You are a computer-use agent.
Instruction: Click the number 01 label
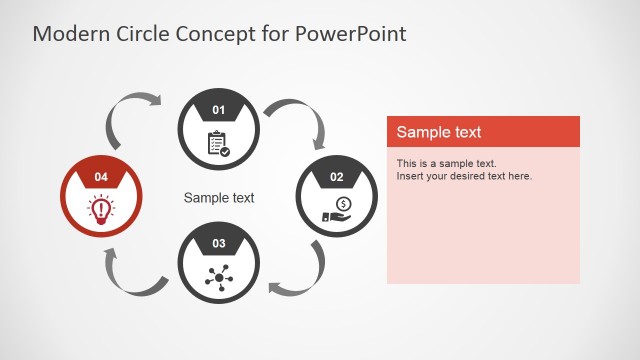point(219,109)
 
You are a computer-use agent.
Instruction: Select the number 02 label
point(337,177)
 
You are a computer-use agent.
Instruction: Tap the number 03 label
point(219,243)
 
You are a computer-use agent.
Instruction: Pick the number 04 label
point(101,177)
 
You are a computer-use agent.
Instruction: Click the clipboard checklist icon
point(218,144)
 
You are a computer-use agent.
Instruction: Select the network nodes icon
point(218,277)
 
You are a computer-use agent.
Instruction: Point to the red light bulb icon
point(100,209)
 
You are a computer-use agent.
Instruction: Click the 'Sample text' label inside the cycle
point(219,198)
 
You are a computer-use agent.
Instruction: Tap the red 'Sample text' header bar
point(483,132)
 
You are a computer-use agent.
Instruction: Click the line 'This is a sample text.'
point(446,163)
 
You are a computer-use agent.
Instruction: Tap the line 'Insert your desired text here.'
point(464,176)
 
